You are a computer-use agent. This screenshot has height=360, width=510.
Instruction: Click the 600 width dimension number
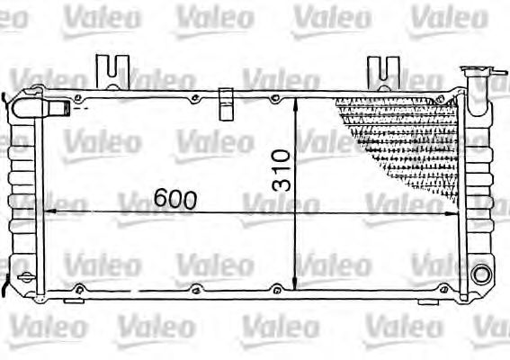174,199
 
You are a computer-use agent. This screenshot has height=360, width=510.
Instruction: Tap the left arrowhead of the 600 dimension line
47,212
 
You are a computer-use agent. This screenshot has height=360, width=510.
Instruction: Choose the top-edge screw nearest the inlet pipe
81,98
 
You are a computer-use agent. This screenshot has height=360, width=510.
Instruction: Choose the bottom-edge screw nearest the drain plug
79,288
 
